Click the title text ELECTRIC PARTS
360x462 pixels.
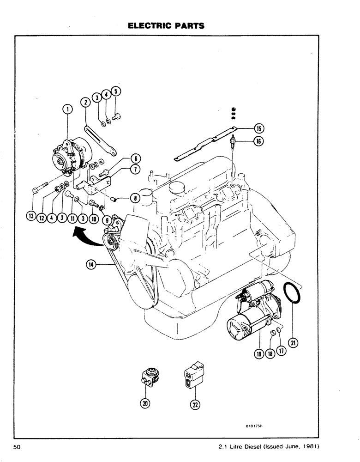click(166, 26)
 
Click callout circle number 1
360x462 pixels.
click(68, 109)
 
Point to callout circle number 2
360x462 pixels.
click(85, 102)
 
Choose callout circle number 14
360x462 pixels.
click(91, 264)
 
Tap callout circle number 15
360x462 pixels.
click(258, 128)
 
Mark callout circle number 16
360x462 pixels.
click(258, 141)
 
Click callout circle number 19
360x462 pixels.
click(258, 354)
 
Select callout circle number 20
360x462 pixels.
click(145, 403)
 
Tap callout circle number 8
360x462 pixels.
click(134, 198)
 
